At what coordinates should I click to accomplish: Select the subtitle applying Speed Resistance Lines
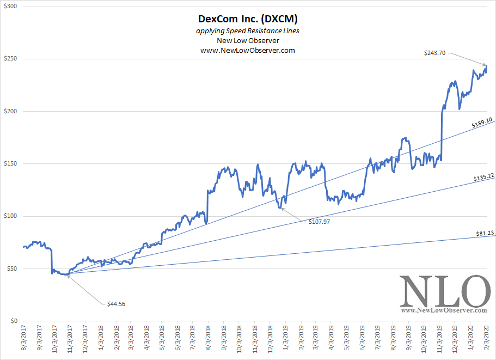248,31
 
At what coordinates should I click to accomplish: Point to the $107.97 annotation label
319,222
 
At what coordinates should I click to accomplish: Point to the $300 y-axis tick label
11,7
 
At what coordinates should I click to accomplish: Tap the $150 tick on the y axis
11,164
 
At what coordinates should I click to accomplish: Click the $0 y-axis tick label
14,321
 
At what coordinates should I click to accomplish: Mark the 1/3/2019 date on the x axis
286,341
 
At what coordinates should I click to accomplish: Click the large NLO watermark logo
443,291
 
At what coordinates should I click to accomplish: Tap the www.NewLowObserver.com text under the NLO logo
444,310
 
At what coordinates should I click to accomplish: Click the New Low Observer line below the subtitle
248,41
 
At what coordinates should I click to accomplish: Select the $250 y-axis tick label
11,59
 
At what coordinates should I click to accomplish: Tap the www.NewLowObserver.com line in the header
248,50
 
